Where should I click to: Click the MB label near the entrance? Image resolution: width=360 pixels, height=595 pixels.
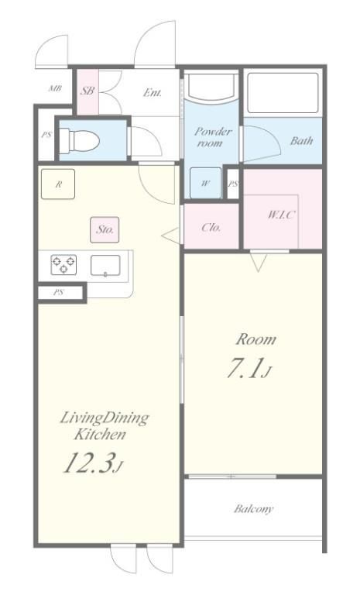click(55, 89)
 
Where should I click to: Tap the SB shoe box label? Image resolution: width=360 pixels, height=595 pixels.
click(87, 91)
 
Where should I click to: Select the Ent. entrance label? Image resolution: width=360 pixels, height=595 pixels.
click(153, 92)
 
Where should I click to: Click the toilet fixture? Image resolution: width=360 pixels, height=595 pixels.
click(80, 141)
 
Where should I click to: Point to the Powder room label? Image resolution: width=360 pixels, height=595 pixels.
click(212, 137)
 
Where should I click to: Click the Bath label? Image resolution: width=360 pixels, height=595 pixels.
click(302, 141)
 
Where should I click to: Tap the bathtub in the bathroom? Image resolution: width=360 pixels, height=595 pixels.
click(283, 93)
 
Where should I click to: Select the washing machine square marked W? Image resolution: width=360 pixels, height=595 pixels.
click(205, 183)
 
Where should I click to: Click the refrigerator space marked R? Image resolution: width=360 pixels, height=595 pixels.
click(58, 184)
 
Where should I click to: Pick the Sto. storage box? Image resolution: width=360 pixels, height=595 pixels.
click(105, 229)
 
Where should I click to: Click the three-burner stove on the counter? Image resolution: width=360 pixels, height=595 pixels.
click(63, 264)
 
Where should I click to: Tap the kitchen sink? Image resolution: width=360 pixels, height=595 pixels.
click(105, 265)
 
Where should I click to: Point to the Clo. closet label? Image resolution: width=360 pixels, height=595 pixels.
click(211, 228)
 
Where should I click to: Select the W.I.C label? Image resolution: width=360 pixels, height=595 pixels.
click(281, 215)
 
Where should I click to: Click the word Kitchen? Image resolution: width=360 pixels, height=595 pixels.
click(100, 435)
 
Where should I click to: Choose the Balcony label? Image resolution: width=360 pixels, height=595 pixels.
click(253, 508)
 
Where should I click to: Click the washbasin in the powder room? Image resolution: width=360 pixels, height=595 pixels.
click(211, 88)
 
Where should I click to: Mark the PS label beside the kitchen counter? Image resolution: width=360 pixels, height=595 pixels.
click(58, 293)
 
